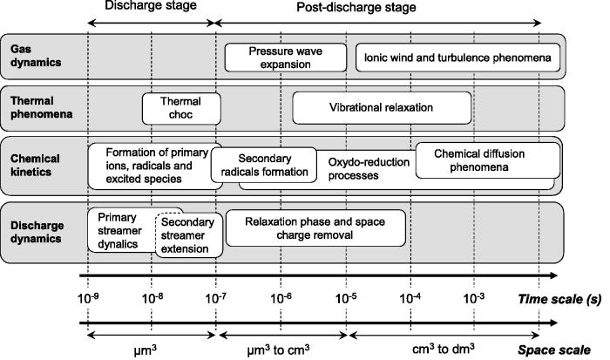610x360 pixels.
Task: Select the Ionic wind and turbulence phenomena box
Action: [x=457, y=58]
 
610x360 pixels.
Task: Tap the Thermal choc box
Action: [x=181, y=108]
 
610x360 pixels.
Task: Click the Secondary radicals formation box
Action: [x=262, y=164]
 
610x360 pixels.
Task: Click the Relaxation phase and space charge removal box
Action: [x=315, y=228]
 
